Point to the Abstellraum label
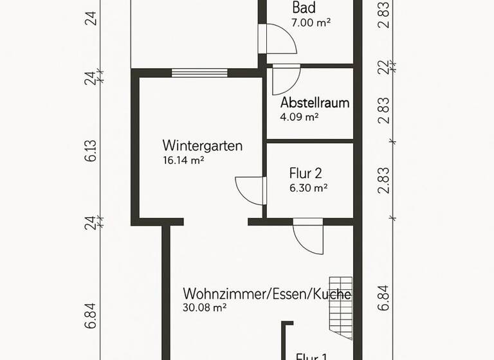tap(315, 103)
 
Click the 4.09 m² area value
tap(299, 118)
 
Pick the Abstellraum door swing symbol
tap(284, 80)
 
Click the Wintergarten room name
tap(203, 146)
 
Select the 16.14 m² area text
tap(183, 161)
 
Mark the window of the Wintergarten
tap(199, 73)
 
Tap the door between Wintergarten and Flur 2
tap(251, 190)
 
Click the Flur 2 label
tap(306, 174)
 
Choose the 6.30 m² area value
tap(309, 188)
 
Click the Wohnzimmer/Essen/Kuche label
tap(267, 294)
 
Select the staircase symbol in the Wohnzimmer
tap(341, 307)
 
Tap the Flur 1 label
tap(312, 355)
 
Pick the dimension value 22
tap(384, 67)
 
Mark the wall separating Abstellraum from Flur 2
tap(310, 141)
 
